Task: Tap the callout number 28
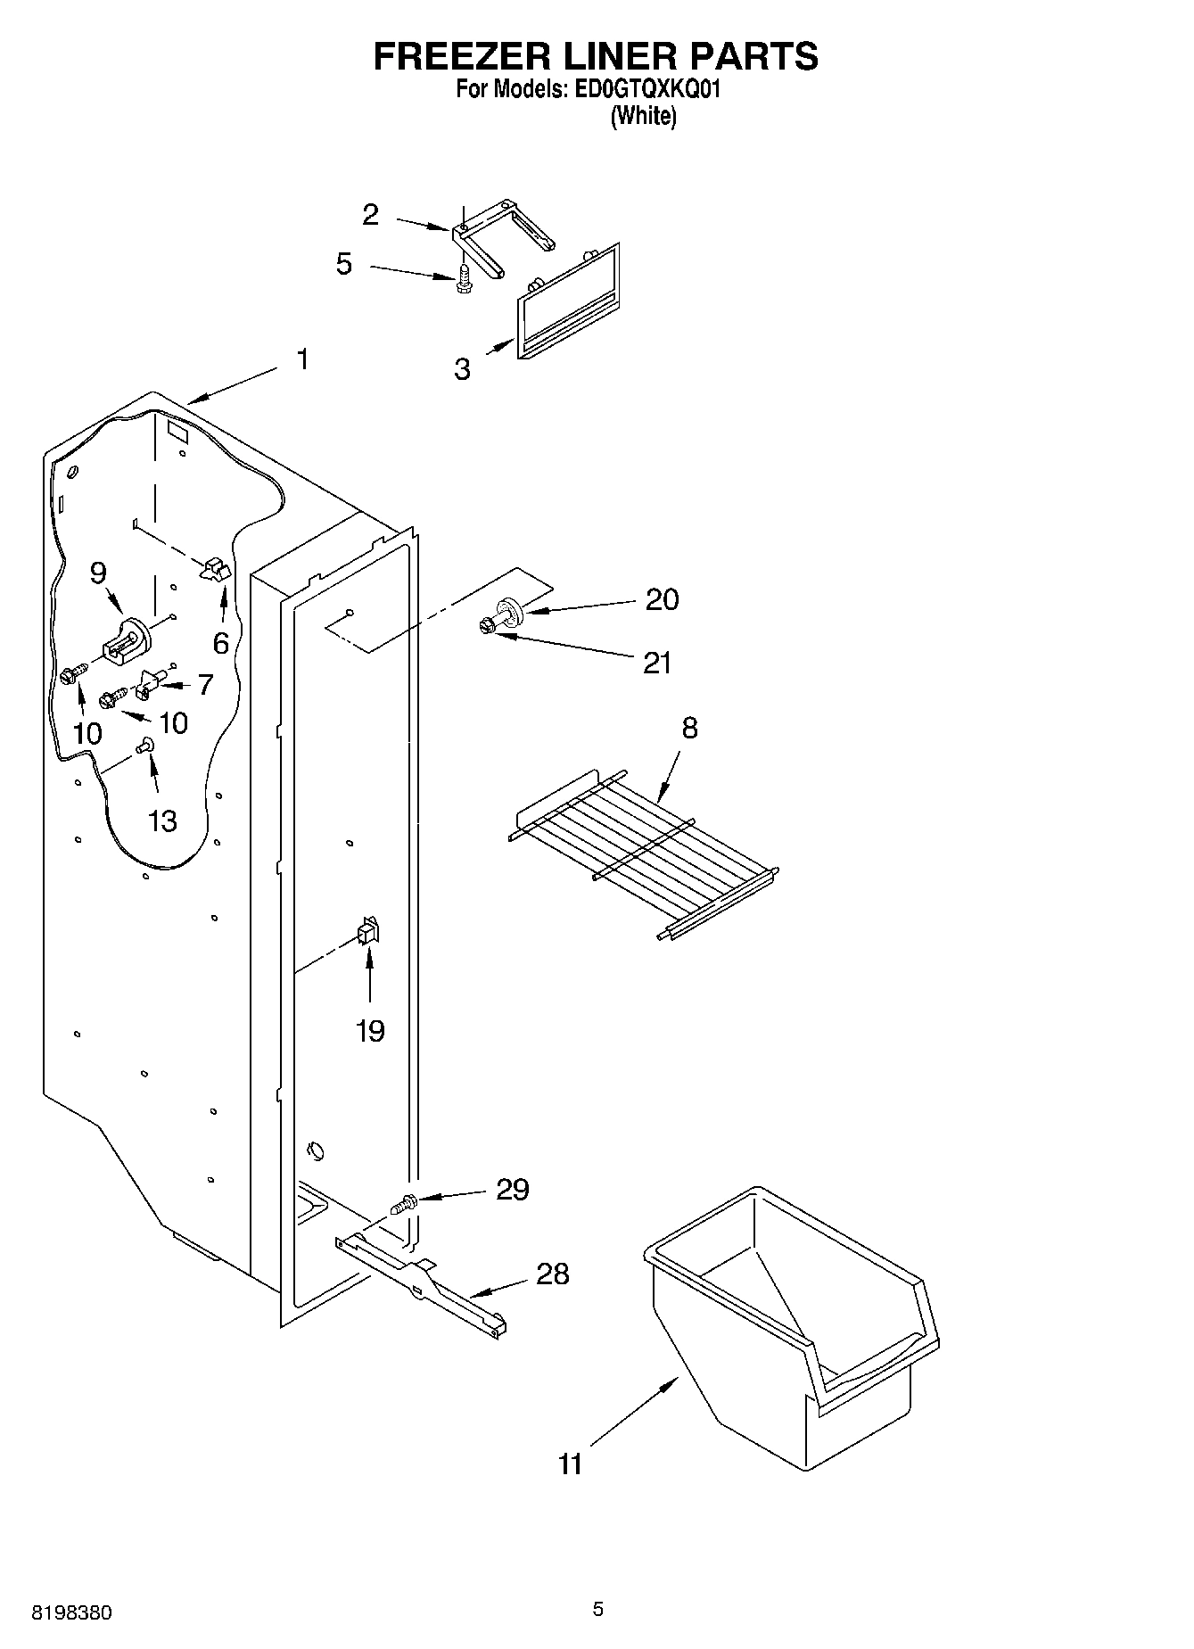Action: pyautogui.click(x=552, y=1274)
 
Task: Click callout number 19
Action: pyautogui.click(x=370, y=1031)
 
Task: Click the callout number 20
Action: pyautogui.click(x=662, y=599)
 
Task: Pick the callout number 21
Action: pyautogui.click(x=657, y=663)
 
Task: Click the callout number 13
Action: pyautogui.click(x=162, y=820)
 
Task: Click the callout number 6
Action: pyautogui.click(x=220, y=643)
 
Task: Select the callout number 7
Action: pyautogui.click(x=206, y=685)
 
